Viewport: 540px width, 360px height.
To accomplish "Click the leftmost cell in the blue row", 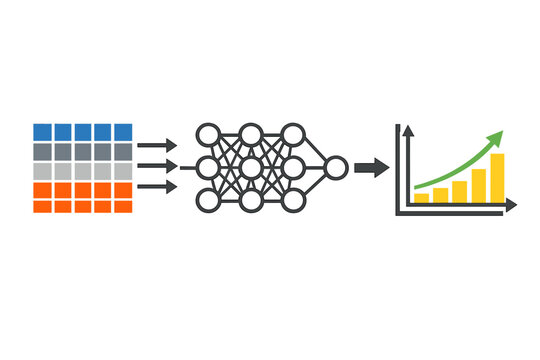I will click(x=41, y=131).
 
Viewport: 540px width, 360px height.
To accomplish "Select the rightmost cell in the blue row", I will click(x=123, y=131).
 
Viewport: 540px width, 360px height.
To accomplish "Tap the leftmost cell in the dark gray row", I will click(x=41, y=151).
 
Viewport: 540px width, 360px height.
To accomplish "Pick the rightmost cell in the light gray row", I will click(x=123, y=170).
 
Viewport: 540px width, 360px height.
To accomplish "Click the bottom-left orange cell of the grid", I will click(x=41, y=205).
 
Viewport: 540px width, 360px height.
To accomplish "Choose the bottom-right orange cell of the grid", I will click(x=123, y=205).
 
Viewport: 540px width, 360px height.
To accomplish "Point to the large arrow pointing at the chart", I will click(x=372, y=167).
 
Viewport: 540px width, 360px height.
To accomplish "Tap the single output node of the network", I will click(x=335, y=167).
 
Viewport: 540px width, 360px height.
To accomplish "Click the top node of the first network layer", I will click(x=208, y=133).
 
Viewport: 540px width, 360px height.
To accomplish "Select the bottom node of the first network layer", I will click(x=208, y=201).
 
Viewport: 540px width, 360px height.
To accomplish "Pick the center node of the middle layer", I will click(x=251, y=167).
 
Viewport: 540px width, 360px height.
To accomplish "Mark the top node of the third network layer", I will click(x=293, y=133).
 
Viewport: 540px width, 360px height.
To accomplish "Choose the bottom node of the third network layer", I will click(x=293, y=201).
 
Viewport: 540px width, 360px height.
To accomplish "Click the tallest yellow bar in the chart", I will click(x=497, y=178).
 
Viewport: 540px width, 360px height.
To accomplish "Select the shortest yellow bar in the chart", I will click(x=422, y=198).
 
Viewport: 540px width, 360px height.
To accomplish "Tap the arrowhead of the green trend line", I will click(x=495, y=139).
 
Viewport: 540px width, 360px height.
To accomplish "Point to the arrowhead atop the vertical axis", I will click(x=398, y=130).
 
